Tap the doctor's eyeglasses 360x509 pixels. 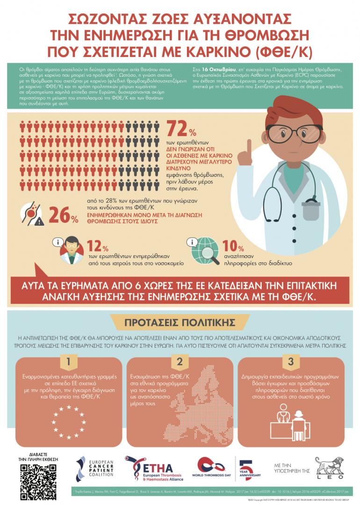(x=284, y=135)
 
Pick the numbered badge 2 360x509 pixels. (x=180, y=361)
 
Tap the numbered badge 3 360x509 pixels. (x=290, y=361)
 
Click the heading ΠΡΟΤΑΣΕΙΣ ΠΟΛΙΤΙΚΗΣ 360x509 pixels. (x=179, y=323)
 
